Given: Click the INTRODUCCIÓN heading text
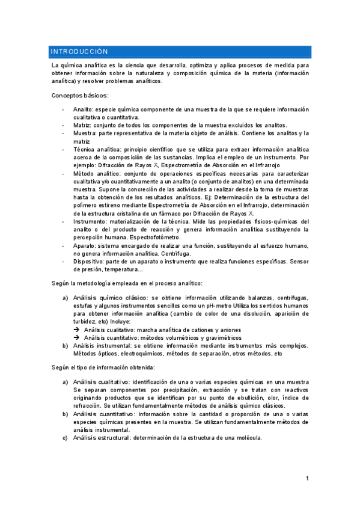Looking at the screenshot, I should click(x=79, y=52).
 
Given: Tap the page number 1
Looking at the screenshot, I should click(x=307, y=479).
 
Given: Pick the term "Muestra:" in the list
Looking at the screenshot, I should click(x=87, y=133).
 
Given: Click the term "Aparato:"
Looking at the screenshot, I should click(x=87, y=245).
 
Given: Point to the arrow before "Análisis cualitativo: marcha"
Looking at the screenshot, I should click(x=78, y=330).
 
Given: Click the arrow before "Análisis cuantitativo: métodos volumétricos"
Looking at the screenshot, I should click(x=78, y=337).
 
